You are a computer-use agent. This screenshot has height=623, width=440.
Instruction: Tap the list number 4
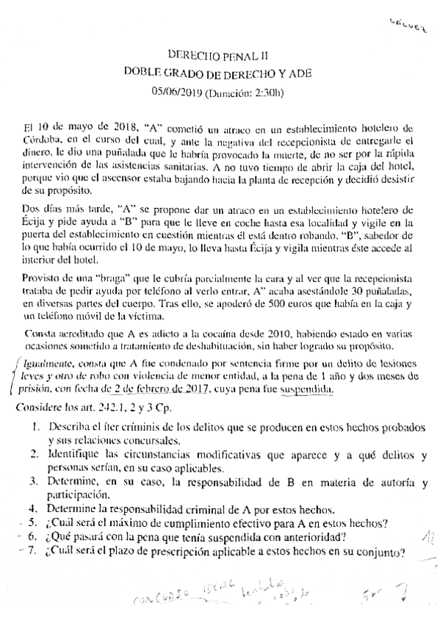(x=34, y=508)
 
